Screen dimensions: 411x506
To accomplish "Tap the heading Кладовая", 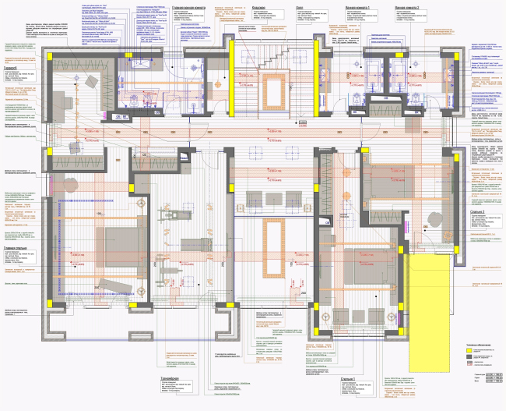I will (258, 6).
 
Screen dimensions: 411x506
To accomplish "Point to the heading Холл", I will (300, 6).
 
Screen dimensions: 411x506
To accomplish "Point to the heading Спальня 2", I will (478, 211).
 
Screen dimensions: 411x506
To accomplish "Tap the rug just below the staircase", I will (275, 90).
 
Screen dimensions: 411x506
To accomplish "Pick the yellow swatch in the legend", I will (469, 352).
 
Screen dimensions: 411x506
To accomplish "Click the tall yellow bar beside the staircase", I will (300, 75).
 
